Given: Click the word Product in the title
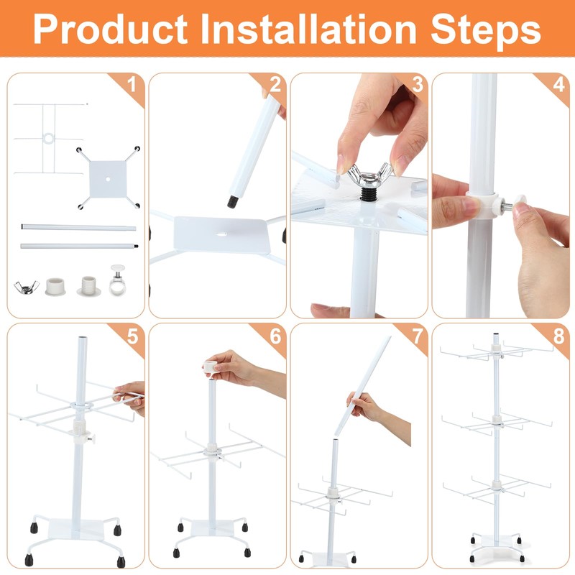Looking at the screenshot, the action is click(x=110, y=29).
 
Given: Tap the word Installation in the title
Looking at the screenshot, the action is click(x=308, y=29).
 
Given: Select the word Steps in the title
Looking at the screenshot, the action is click(x=486, y=31).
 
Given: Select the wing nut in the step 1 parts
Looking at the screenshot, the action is click(x=26, y=287).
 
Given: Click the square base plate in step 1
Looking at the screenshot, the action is click(x=108, y=179).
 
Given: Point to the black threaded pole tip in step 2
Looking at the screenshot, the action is click(x=231, y=203).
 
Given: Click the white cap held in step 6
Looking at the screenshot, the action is click(x=211, y=367).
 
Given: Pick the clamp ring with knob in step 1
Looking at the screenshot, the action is click(x=117, y=280).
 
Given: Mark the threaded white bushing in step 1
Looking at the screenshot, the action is click(x=88, y=286).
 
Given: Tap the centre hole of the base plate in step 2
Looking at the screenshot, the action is click(x=221, y=235).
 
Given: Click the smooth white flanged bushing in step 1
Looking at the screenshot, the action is click(x=56, y=286).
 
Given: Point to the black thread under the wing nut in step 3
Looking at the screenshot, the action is click(x=369, y=193).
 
